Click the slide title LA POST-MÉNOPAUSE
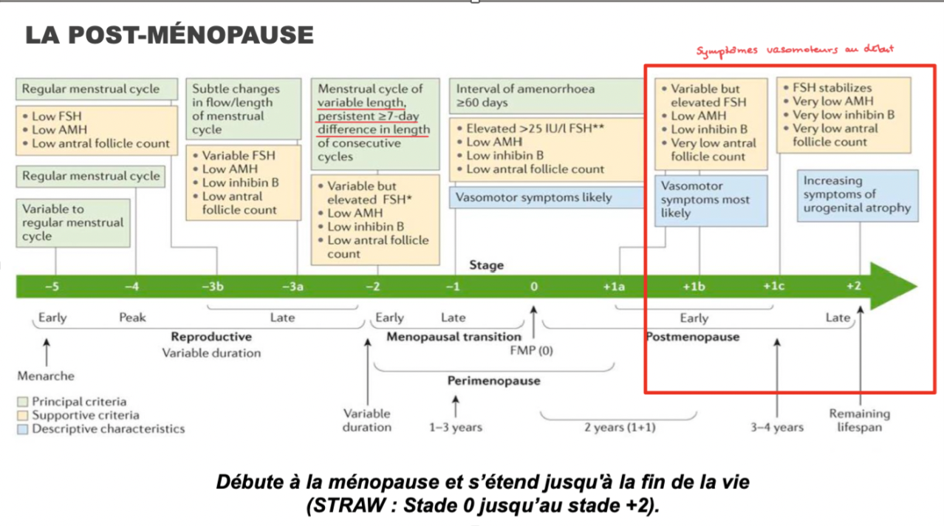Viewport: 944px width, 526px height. (x=169, y=35)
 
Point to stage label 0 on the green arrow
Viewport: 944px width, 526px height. (x=533, y=287)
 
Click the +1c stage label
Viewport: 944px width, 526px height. (x=773, y=287)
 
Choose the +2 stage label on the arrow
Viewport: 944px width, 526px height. (x=853, y=287)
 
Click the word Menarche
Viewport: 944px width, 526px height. (x=46, y=376)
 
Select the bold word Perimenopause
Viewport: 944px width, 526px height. (x=493, y=381)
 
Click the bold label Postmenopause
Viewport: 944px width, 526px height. (x=692, y=337)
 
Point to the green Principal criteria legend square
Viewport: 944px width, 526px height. (x=22, y=402)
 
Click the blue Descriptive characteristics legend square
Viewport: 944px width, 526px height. (x=22, y=428)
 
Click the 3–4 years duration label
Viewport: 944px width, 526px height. (x=776, y=427)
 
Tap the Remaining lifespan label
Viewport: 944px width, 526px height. (x=859, y=420)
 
